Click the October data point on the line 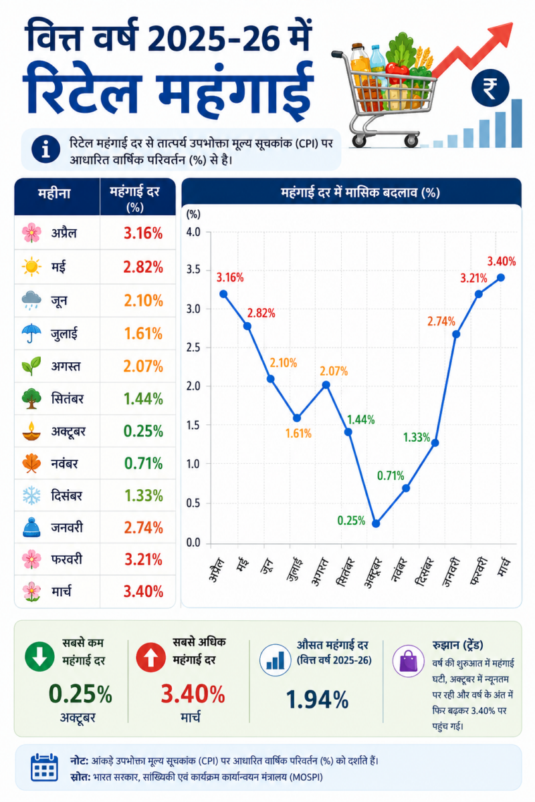coord(376,523)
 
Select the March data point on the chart coord(501,277)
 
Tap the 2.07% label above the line coord(334,371)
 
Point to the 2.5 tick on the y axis coord(193,348)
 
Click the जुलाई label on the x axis coord(294,569)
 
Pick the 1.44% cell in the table coord(143,398)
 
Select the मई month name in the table coord(59,267)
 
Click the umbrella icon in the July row coord(31,333)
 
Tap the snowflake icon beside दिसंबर coord(31,495)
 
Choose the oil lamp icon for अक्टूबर coord(31,431)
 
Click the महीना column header coord(54,194)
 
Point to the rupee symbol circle coord(490,88)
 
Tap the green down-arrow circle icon coord(39,656)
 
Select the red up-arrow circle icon coord(151,657)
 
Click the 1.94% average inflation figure coord(317,700)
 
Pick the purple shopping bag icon coord(409,661)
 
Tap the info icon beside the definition coord(45,149)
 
